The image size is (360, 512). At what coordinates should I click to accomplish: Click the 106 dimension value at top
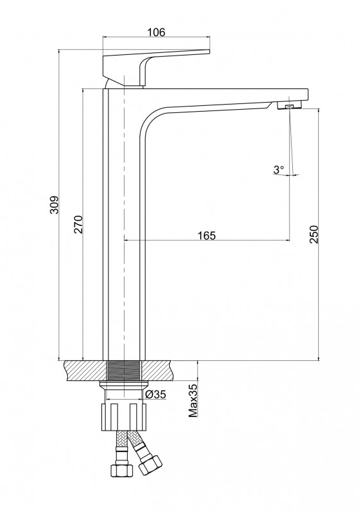[156, 32]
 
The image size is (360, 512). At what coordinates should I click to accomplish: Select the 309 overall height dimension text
[54, 205]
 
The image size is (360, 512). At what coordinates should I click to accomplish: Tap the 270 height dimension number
[79, 224]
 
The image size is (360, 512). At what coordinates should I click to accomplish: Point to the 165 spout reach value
[206, 235]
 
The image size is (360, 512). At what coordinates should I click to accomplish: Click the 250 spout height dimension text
[314, 234]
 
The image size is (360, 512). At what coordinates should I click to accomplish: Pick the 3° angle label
[279, 169]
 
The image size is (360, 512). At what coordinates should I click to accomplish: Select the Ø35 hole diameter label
[155, 394]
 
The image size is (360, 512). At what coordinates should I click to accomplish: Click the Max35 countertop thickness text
[193, 401]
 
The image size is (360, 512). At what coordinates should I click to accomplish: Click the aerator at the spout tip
[290, 106]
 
